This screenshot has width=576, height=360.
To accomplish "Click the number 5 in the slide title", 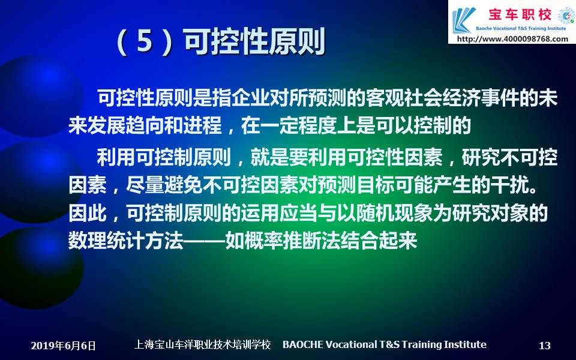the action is click(145, 41).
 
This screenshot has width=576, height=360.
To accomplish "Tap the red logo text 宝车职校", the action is click(520, 14).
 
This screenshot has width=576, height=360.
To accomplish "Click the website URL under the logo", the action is click(512, 38).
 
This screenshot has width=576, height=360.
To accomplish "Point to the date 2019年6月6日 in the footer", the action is click(63, 346).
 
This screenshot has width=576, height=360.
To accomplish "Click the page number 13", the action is click(545, 346).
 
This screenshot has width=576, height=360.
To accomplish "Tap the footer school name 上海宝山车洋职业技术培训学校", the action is click(202, 344).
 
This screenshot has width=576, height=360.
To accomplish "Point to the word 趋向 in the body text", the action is click(145, 125).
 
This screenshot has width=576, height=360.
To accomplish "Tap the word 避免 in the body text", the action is click(184, 185).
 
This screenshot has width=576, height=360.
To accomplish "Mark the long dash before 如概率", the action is click(204, 241).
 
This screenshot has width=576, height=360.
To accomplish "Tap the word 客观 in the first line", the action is click(385, 98).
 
